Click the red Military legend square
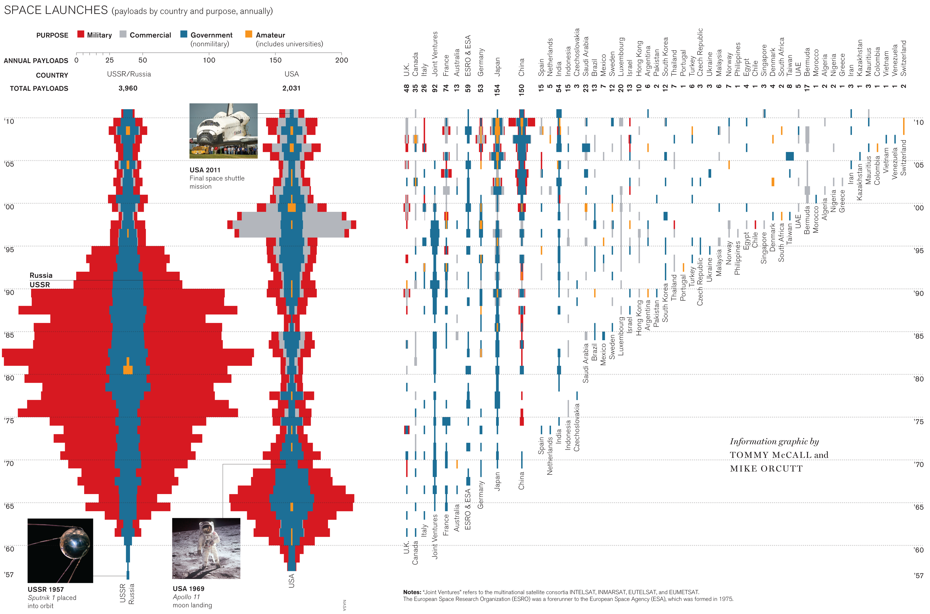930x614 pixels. [x=81, y=34]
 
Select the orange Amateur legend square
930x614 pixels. [x=249, y=34]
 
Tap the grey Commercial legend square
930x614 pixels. [x=123, y=34]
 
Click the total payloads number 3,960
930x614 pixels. [x=128, y=88]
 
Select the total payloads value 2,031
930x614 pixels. [x=291, y=88]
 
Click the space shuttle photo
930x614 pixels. [x=223, y=131]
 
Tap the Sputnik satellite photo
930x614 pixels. [x=60, y=551]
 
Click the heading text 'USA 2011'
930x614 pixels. [x=205, y=170]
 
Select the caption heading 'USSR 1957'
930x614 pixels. [x=45, y=589]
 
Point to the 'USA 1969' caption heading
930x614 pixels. [x=189, y=589]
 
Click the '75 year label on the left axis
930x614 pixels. [x=9, y=421]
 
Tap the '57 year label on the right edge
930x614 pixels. [x=919, y=576]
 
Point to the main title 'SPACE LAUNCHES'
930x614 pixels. [x=56, y=10]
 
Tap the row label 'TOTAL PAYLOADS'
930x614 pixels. [x=39, y=88]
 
